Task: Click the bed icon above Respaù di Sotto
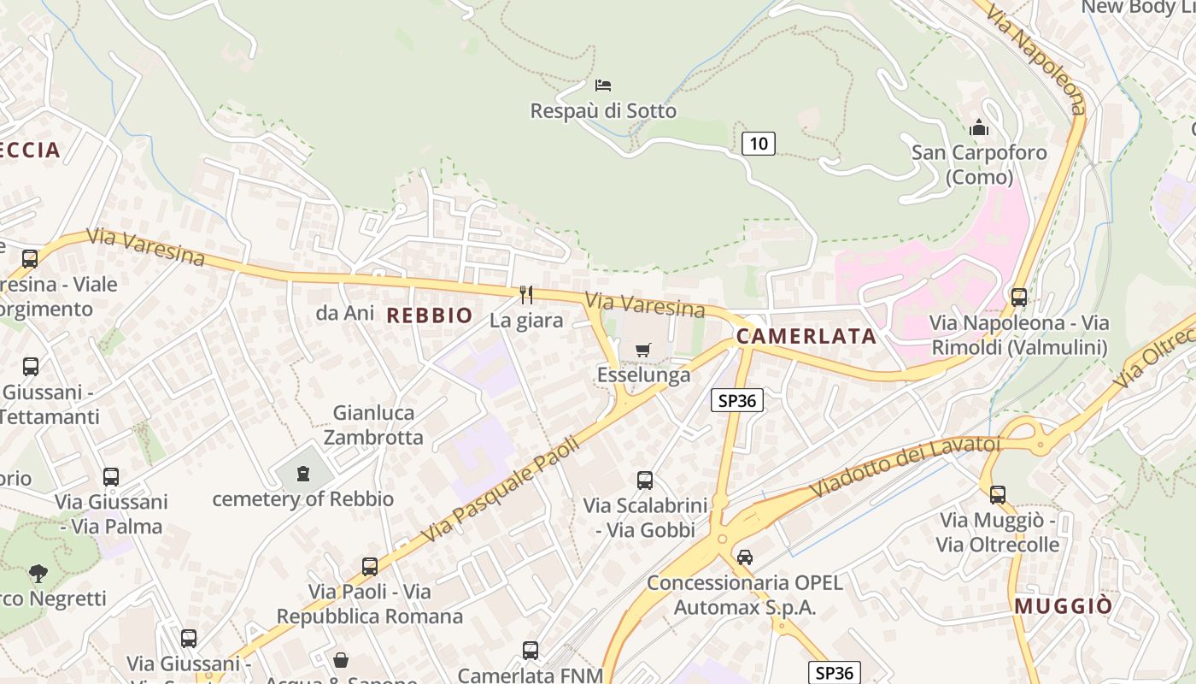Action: (x=603, y=85)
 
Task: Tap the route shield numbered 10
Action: (x=759, y=143)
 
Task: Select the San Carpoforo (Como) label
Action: (x=979, y=165)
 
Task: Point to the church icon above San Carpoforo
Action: (x=979, y=128)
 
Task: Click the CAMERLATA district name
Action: (x=806, y=336)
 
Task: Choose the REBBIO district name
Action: (x=430, y=315)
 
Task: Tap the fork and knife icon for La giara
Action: (x=526, y=295)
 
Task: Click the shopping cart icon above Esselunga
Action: (x=643, y=350)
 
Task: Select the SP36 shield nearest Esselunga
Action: (x=736, y=400)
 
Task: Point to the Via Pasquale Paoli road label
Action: (x=501, y=490)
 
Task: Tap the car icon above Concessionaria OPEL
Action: (x=745, y=557)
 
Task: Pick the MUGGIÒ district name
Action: (x=1064, y=606)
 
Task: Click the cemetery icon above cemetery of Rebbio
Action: (x=303, y=474)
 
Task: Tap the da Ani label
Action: (x=345, y=313)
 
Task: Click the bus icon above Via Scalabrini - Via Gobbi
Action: (x=645, y=481)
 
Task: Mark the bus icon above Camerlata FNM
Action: (x=531, y=651)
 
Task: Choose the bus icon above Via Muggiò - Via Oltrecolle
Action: (x=998, y=494)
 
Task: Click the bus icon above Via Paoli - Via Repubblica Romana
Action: (x=370, y=566)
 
